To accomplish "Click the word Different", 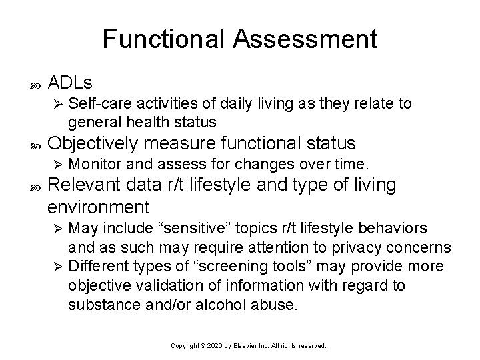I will pos(95,267).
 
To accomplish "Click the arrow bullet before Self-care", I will pos(58,105).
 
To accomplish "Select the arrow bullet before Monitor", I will pos(58,164).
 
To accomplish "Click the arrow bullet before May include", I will pos(58,229).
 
